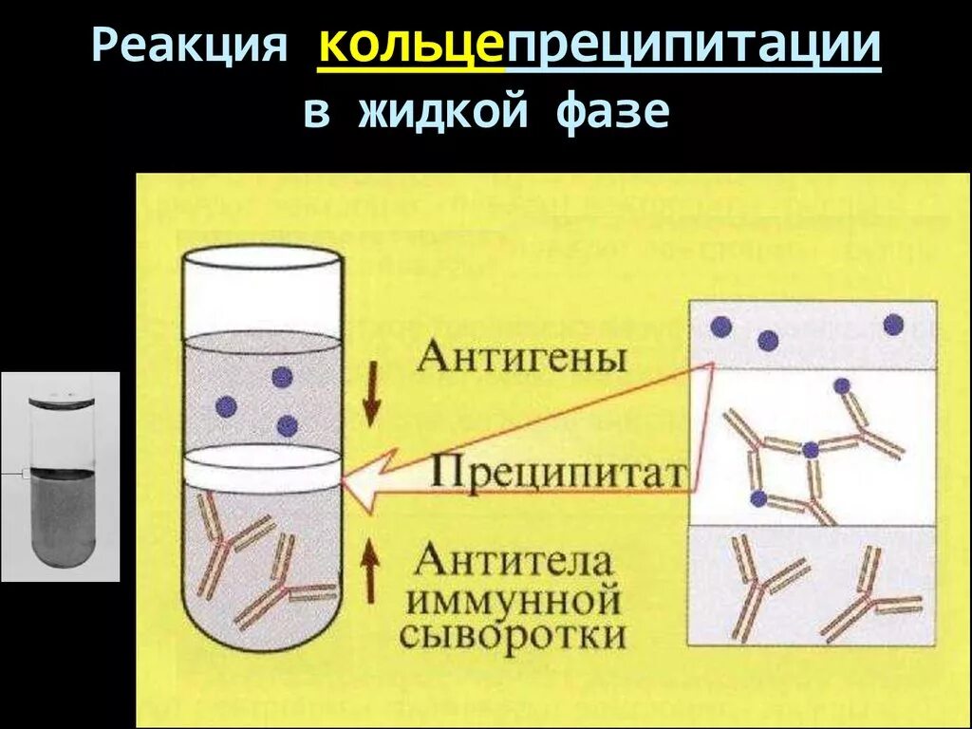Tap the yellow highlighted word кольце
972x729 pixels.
[x=410, y=47]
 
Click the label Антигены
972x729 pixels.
[x=522, y=358]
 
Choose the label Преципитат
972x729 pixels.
[x=558, y=473]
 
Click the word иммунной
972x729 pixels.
[x=514, y=600]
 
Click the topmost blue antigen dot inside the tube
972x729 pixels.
[x=282, y=377]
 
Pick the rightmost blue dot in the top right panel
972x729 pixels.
[x=892, y=326]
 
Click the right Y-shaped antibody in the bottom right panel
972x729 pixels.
[x=869, y=603]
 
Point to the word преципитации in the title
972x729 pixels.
[x=692, y=47]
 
